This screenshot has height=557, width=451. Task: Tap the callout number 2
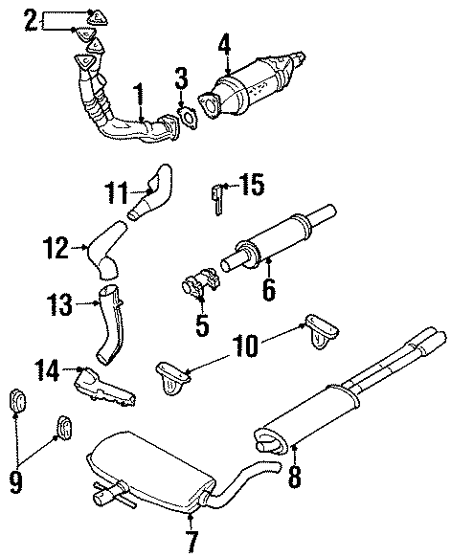pyautogui.click(x=31, y=19)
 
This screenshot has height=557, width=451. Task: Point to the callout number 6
pyautogui.click(x=269, y=289)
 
